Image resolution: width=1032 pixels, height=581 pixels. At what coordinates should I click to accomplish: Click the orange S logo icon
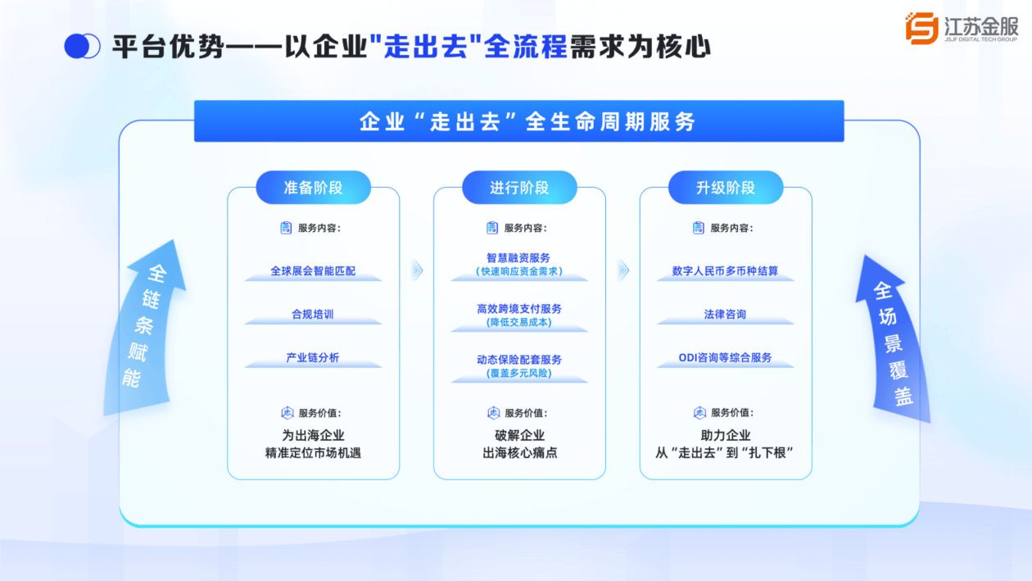tap(922, 28)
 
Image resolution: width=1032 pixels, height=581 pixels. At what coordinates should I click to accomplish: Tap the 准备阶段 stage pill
tap(313, 188)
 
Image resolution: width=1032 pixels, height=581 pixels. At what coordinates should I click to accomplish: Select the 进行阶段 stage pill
tap(519, 188)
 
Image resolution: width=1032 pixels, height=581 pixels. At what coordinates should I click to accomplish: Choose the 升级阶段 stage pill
tap(726, 188)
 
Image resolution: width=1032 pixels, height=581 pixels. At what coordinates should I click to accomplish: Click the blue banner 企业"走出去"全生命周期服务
tap(519, 121)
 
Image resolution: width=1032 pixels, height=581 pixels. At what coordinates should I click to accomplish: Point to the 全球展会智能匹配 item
tap(313, 270)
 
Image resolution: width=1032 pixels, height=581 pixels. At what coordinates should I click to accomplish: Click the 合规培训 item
tap(313, 314)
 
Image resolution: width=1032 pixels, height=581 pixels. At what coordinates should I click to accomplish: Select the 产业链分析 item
tap(313, 357)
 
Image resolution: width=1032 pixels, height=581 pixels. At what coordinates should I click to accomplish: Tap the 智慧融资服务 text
tap(518, 258)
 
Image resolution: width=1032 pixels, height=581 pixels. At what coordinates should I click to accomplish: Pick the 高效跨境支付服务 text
tap(519, 308)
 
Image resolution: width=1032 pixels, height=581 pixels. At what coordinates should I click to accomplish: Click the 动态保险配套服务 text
tap(519, 359)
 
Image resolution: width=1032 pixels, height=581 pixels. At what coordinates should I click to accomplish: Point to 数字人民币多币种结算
tap(725, 270)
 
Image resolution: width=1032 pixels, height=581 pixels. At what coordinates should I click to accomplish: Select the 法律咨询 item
tap(725, 314)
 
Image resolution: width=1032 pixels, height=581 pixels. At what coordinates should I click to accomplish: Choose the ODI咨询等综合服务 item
tap(725, 357)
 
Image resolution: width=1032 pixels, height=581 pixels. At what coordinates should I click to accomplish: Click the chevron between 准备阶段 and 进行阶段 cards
tap(417, 270)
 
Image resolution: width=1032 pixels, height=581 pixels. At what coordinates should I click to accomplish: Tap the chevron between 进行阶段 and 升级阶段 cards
tap(623, 270)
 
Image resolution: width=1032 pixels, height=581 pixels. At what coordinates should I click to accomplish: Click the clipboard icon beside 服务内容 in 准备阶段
tap(286, 228)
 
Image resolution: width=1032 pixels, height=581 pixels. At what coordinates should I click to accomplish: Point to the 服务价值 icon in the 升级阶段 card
tap(699, 413)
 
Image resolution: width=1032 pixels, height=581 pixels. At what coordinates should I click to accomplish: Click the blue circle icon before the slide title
tap(82, 46)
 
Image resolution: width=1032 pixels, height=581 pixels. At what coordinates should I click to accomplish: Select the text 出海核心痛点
tap(519, 453)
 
